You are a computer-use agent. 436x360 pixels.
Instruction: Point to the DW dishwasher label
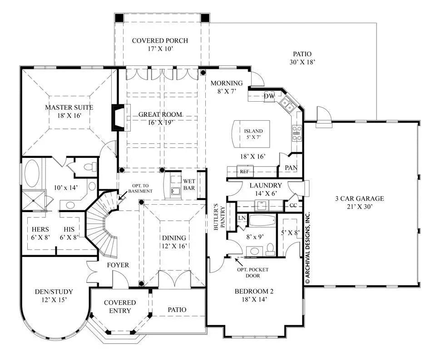[x=268, y=96]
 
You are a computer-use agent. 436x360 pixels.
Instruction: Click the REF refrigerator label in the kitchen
[x=244, y=172]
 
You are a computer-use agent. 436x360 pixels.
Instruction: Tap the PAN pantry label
[x=291, y=168]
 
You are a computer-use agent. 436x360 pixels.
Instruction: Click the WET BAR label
[x=189, y=186]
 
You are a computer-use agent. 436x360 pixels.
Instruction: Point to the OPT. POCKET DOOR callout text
[x=253, y=272]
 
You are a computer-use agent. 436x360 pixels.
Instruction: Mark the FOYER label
[x=118, y=265]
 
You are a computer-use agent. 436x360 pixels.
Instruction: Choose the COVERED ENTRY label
[x=120, y=306]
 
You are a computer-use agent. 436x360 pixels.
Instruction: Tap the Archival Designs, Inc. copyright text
[x=307, y=247]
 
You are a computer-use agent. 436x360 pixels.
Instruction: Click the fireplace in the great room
[x=117, y=118]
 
